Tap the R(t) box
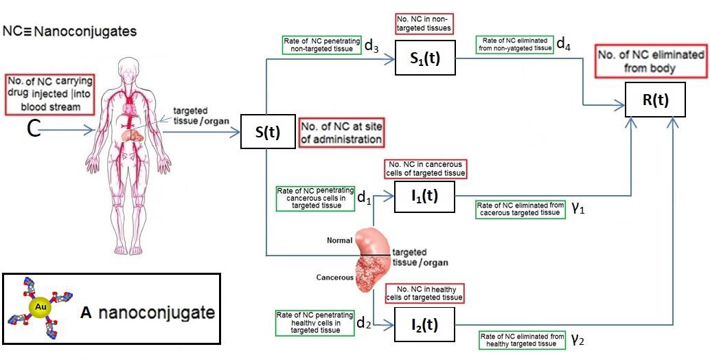655,102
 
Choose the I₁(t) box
424,197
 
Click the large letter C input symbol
32,128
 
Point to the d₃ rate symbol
371,47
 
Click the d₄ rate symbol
563,45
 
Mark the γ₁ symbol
578,209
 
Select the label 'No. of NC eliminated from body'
651,61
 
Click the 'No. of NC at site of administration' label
341,132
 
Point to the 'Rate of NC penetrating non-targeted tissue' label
319,45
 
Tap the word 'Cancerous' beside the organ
334,278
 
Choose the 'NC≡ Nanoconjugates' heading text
70,31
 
